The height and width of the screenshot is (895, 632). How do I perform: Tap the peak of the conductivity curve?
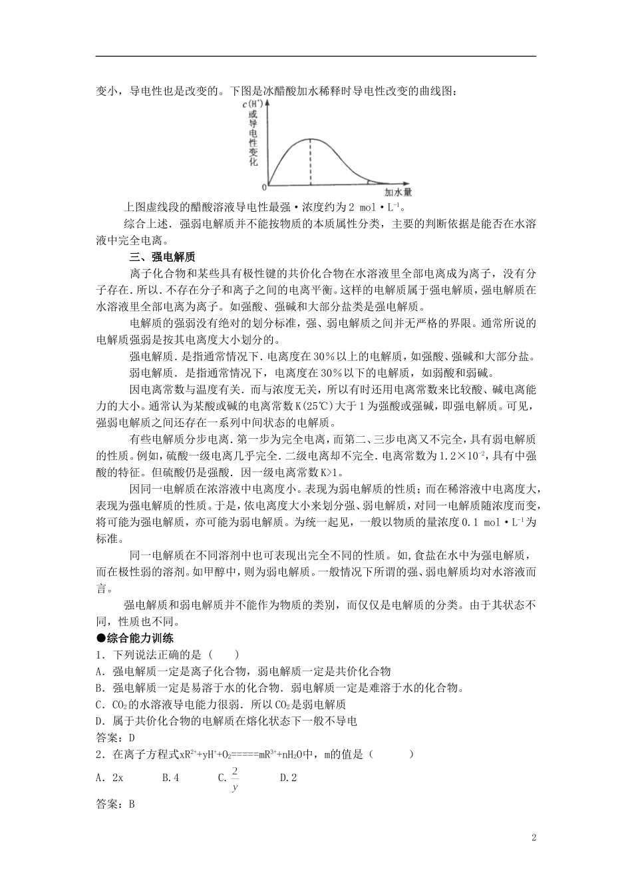pyautogui.click(x=310, y=139)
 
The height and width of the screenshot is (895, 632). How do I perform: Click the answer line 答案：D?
pyautogui.click(x=116, y=738)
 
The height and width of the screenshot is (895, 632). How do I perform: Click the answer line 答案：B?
pyautogui.click(x=116, y=804)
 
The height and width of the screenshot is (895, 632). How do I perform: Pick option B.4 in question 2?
pyautogui.click(x=171, y=777)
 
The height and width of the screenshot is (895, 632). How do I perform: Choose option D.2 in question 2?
pyautogui.click(x=288, y=777)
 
